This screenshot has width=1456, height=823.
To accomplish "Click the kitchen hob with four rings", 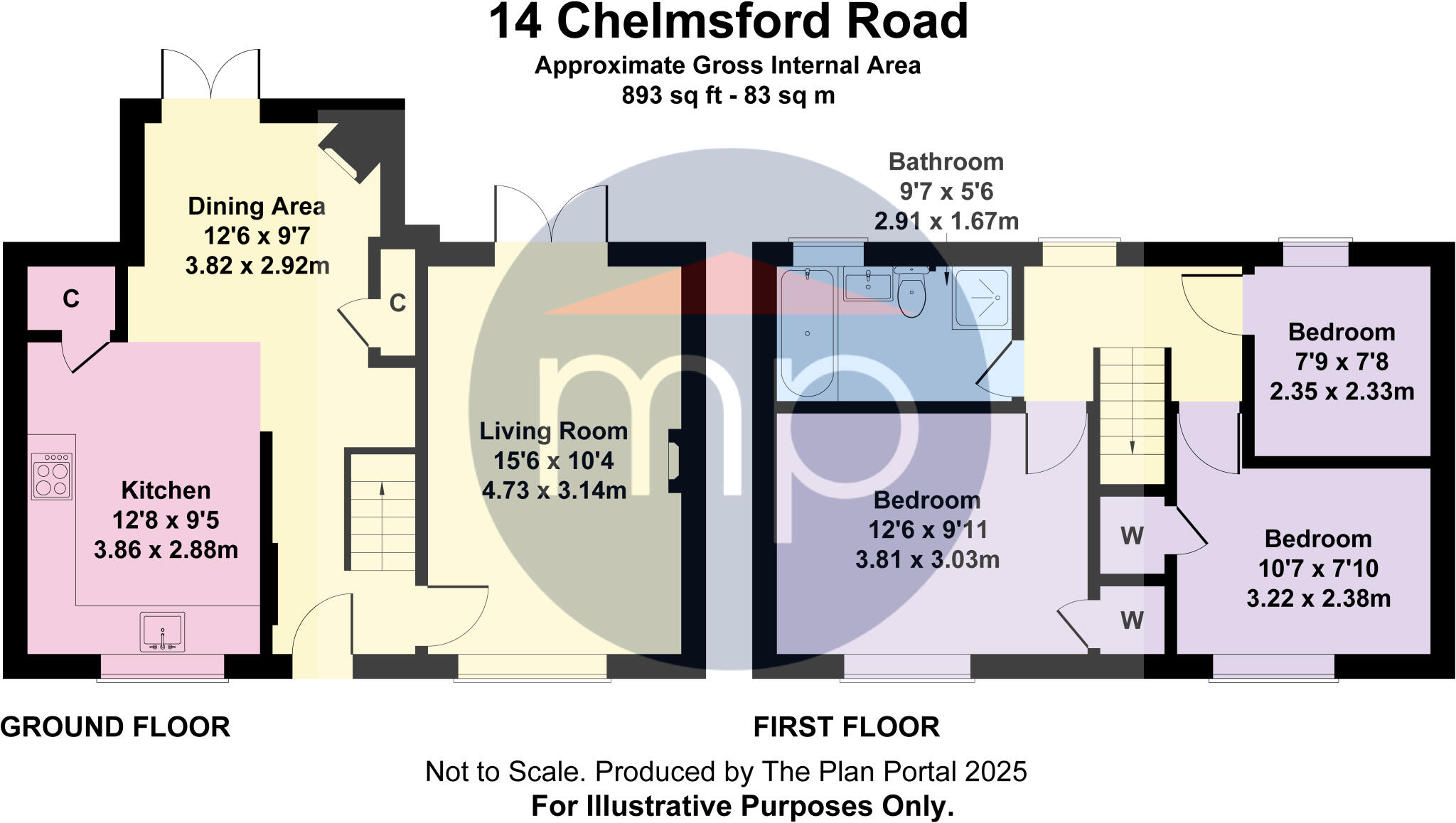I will tap(52, 475).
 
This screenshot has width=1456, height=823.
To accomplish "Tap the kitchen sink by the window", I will tap(162, 631).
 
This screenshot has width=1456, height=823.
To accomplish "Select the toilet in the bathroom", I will tap(911, 294).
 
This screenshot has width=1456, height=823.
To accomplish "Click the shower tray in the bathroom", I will tap(981, 298).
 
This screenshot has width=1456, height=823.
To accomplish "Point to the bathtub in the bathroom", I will tap(807, 332).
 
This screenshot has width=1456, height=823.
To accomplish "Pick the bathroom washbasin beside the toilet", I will tap(867, 286).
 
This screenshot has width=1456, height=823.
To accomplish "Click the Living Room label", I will tap(553, 431).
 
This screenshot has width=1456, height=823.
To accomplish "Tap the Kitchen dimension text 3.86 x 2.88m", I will tap(166, 549).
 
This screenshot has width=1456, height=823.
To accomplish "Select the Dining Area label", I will tap(257, 206).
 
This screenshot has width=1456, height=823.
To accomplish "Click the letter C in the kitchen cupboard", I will tap(70, 299).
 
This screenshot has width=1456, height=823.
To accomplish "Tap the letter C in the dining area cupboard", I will tap(397, 303).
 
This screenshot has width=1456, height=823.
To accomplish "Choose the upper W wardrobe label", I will tap(1132, 535).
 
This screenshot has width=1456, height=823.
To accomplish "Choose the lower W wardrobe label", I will tap(1132, 620).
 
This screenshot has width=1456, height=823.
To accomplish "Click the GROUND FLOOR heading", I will tap(115, 727).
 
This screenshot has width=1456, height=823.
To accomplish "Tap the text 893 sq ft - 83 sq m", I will tap(727, 95).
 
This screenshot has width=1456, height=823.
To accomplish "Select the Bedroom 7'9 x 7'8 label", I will tap(1341, 332).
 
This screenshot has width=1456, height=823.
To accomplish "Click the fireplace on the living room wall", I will tap(674, 461).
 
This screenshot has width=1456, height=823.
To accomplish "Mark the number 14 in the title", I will tap(515, 21).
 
